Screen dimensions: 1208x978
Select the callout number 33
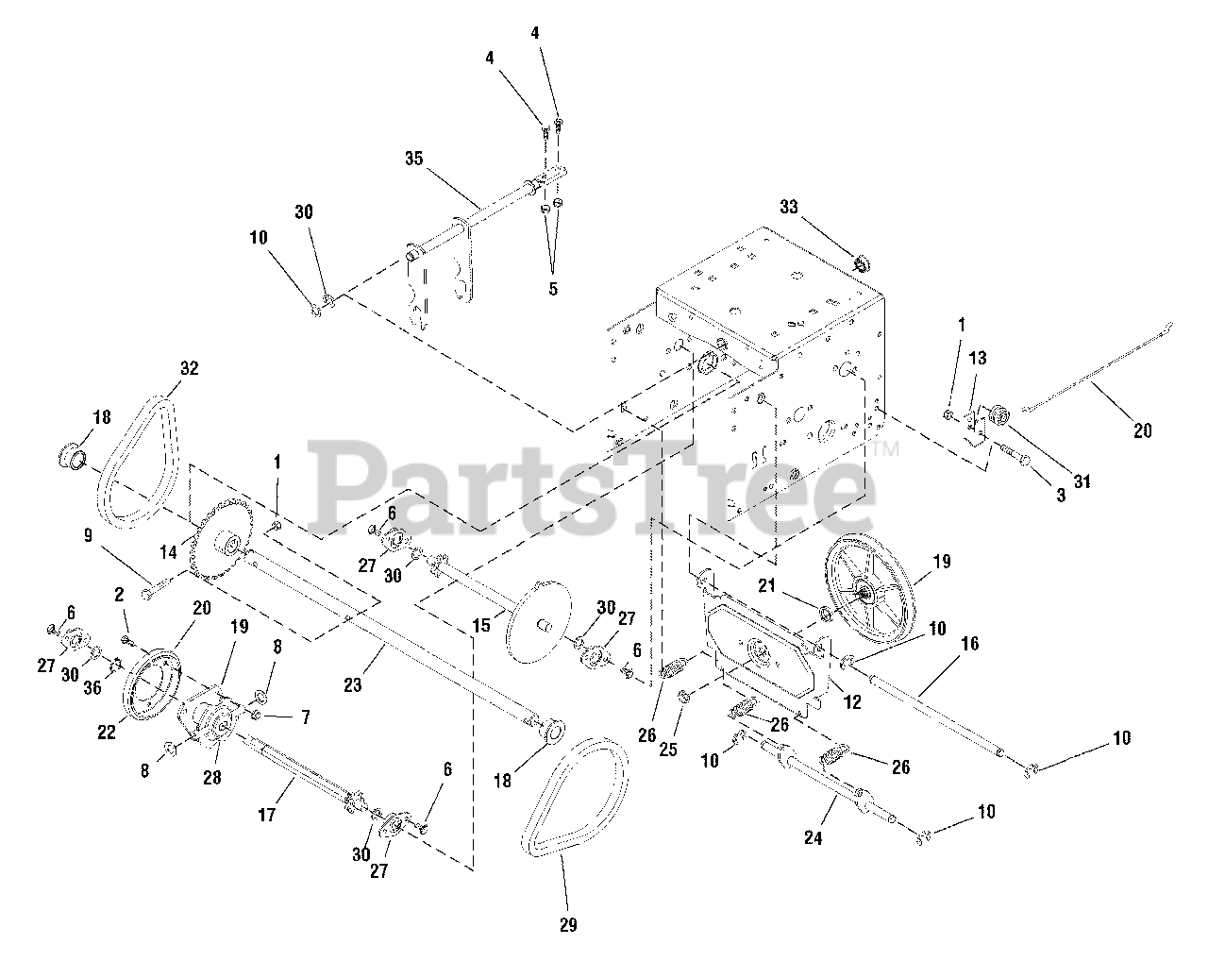[x=788, y=207]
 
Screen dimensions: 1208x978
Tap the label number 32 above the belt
[x=189, y=369]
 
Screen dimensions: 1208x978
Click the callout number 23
[x=352, y=686]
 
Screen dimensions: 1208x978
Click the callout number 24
[x=813, y=836]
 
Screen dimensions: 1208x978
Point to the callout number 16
[x=969, y=644]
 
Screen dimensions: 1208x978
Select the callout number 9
[x=88, y=535]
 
